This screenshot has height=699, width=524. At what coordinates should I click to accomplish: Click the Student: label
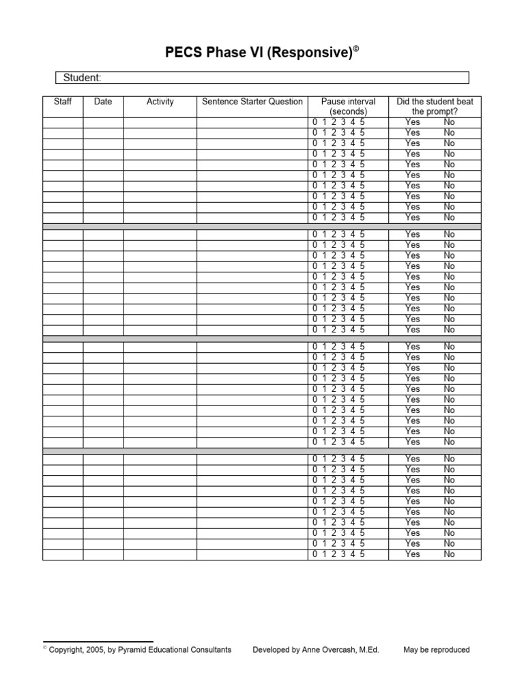[x=82, y=78]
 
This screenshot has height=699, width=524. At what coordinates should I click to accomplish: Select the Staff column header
[x=63, y=102]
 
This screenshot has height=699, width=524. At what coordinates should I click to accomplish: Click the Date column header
[x=103, y=102]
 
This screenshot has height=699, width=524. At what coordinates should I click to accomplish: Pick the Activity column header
[x=160, y=102]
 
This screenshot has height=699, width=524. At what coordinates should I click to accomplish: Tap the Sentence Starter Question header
[x=252, y=102]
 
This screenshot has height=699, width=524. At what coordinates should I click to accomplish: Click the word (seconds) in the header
[x=348, y=111]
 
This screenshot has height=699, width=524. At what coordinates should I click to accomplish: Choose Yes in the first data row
[x=413, y=122]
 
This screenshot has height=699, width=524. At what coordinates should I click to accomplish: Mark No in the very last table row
[x=449, y=554]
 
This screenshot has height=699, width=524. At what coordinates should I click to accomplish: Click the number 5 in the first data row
[x=362, y=122]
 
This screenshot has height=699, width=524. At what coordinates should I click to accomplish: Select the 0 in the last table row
[x=315, y=554]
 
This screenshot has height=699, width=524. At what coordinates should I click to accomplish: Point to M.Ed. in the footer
[x=367, y=650]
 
